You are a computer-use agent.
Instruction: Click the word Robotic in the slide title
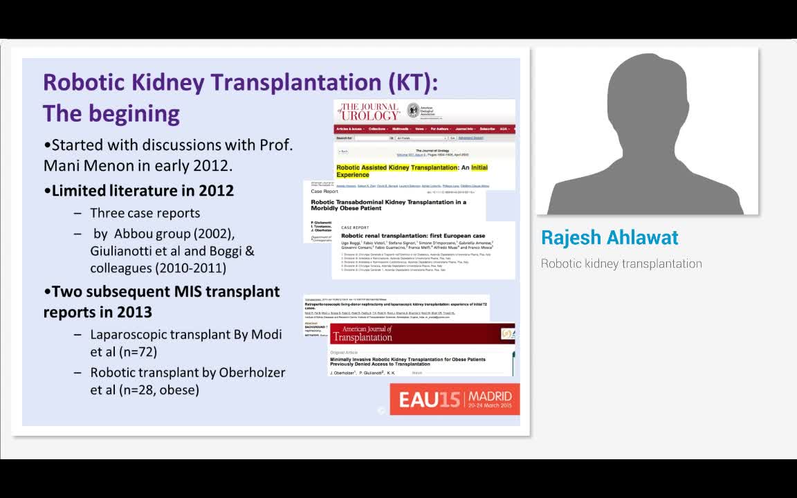[x=83, y=82]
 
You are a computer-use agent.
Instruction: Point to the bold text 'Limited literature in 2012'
[x=143, y=190]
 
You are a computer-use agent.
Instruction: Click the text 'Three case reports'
[x=145, y=213]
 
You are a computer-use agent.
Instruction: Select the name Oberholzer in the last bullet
[x=252, y=372]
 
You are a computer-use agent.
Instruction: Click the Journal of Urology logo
[x=369, y=111]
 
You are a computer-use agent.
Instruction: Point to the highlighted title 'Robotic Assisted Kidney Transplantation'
[x=397, y=167]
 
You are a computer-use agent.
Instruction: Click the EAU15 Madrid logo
[x=454, y=399]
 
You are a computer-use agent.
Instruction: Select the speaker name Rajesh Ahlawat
[x=610, y=237]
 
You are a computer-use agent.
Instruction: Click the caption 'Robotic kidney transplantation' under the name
[x=621, y=264]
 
